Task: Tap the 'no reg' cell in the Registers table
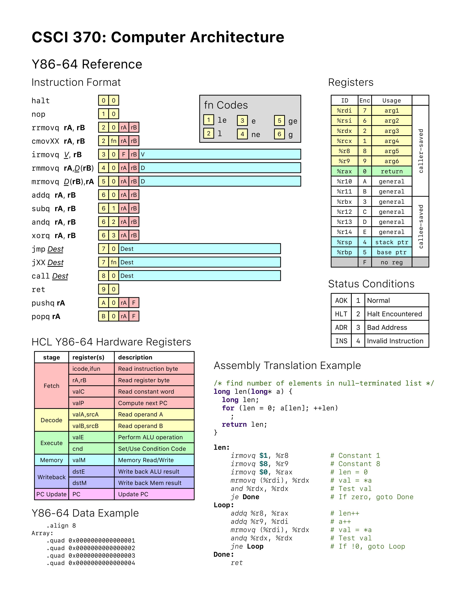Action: pos(392,262)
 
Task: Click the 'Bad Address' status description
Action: pos(387,327)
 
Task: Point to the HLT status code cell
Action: pos(341,314)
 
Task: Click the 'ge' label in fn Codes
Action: pos(293,121)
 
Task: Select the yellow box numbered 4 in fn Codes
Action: pos(242,134)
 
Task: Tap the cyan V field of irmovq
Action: pos(220,154)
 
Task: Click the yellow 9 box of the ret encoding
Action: pos(104,289)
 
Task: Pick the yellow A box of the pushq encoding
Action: pos(104,302)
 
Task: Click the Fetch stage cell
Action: pos(51,386)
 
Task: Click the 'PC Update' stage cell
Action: pos(51,494)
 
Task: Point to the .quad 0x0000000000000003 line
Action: pos(91,555)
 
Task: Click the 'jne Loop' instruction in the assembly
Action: pos(247,546)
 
